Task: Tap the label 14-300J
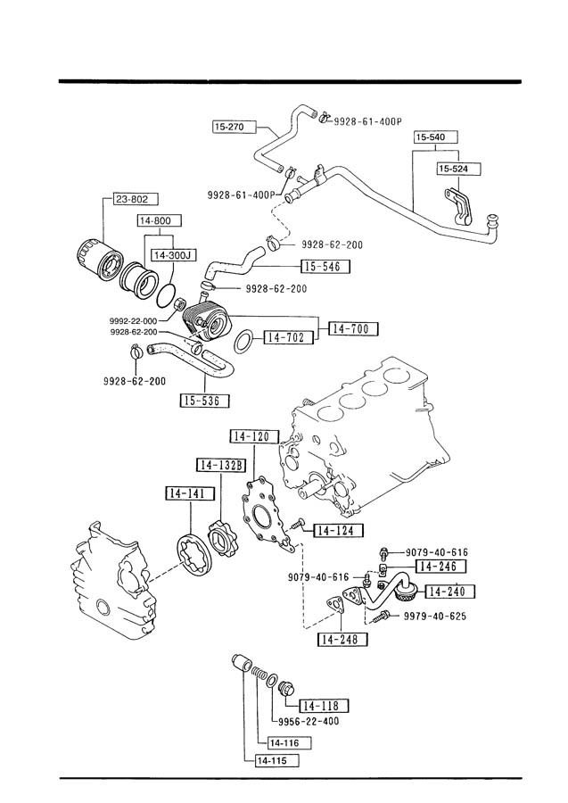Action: [x=174, y=254]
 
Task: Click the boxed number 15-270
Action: [x=234, y=127]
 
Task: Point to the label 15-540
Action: [x=435, y=137]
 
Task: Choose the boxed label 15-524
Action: [x=459, y=169]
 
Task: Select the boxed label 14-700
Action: [x=354, y=328]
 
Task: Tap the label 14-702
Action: [x=288, y=337]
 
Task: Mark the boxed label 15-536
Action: [x=205, y=401]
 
